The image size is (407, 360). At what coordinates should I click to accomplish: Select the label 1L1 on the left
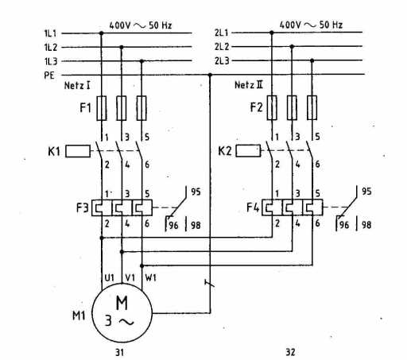point(50,33)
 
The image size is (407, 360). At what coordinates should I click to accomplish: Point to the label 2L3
point(222,60)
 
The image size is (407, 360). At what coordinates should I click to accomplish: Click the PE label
point(49,75)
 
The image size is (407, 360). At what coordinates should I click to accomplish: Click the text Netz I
point(77,86)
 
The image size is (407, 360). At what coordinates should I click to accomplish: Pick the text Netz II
point(249,85)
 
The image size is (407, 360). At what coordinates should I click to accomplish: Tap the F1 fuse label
point(85,108)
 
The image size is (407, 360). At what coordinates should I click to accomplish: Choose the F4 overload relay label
point(253,207)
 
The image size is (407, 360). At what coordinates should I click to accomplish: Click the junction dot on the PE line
point(210,75)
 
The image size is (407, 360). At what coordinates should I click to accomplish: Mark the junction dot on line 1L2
point(122,47)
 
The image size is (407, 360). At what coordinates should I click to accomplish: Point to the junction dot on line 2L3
point(312,60)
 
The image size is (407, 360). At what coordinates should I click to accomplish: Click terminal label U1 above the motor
point(109,277)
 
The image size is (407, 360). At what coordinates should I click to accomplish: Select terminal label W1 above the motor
point(151,277)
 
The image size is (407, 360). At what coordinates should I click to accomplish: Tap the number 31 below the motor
point(119,352)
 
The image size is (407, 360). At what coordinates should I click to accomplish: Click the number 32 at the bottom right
point(290,352)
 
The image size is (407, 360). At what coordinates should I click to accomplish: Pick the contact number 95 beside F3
point(196,192)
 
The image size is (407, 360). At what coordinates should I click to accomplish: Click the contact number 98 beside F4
point(366,225)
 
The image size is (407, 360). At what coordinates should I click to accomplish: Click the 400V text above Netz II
point(290,25)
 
